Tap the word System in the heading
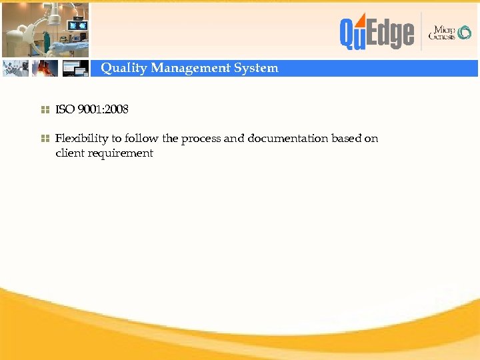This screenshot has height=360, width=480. pyautogui.click(x=256, y=68)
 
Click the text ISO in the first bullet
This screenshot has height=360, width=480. pyautogui.click(x=65, y=109)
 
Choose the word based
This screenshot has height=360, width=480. pyautogui.click(x=347, y=139)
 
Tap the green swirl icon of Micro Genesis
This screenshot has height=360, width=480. pyautogui.click(x=464, y=33)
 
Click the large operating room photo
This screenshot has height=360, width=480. pyautogui.click(x=45, y=29)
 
